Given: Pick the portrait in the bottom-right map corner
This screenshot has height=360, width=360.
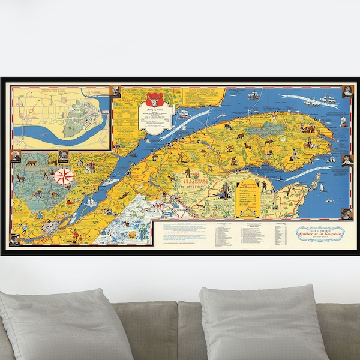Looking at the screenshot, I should pyautogui.click(x=347, y=213).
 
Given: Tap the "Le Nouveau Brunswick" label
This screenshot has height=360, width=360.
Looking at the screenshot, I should pyautogui.click(x=189, y=184).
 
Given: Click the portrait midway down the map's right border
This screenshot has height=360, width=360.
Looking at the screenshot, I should pyautogui.click(x=347, y=160).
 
